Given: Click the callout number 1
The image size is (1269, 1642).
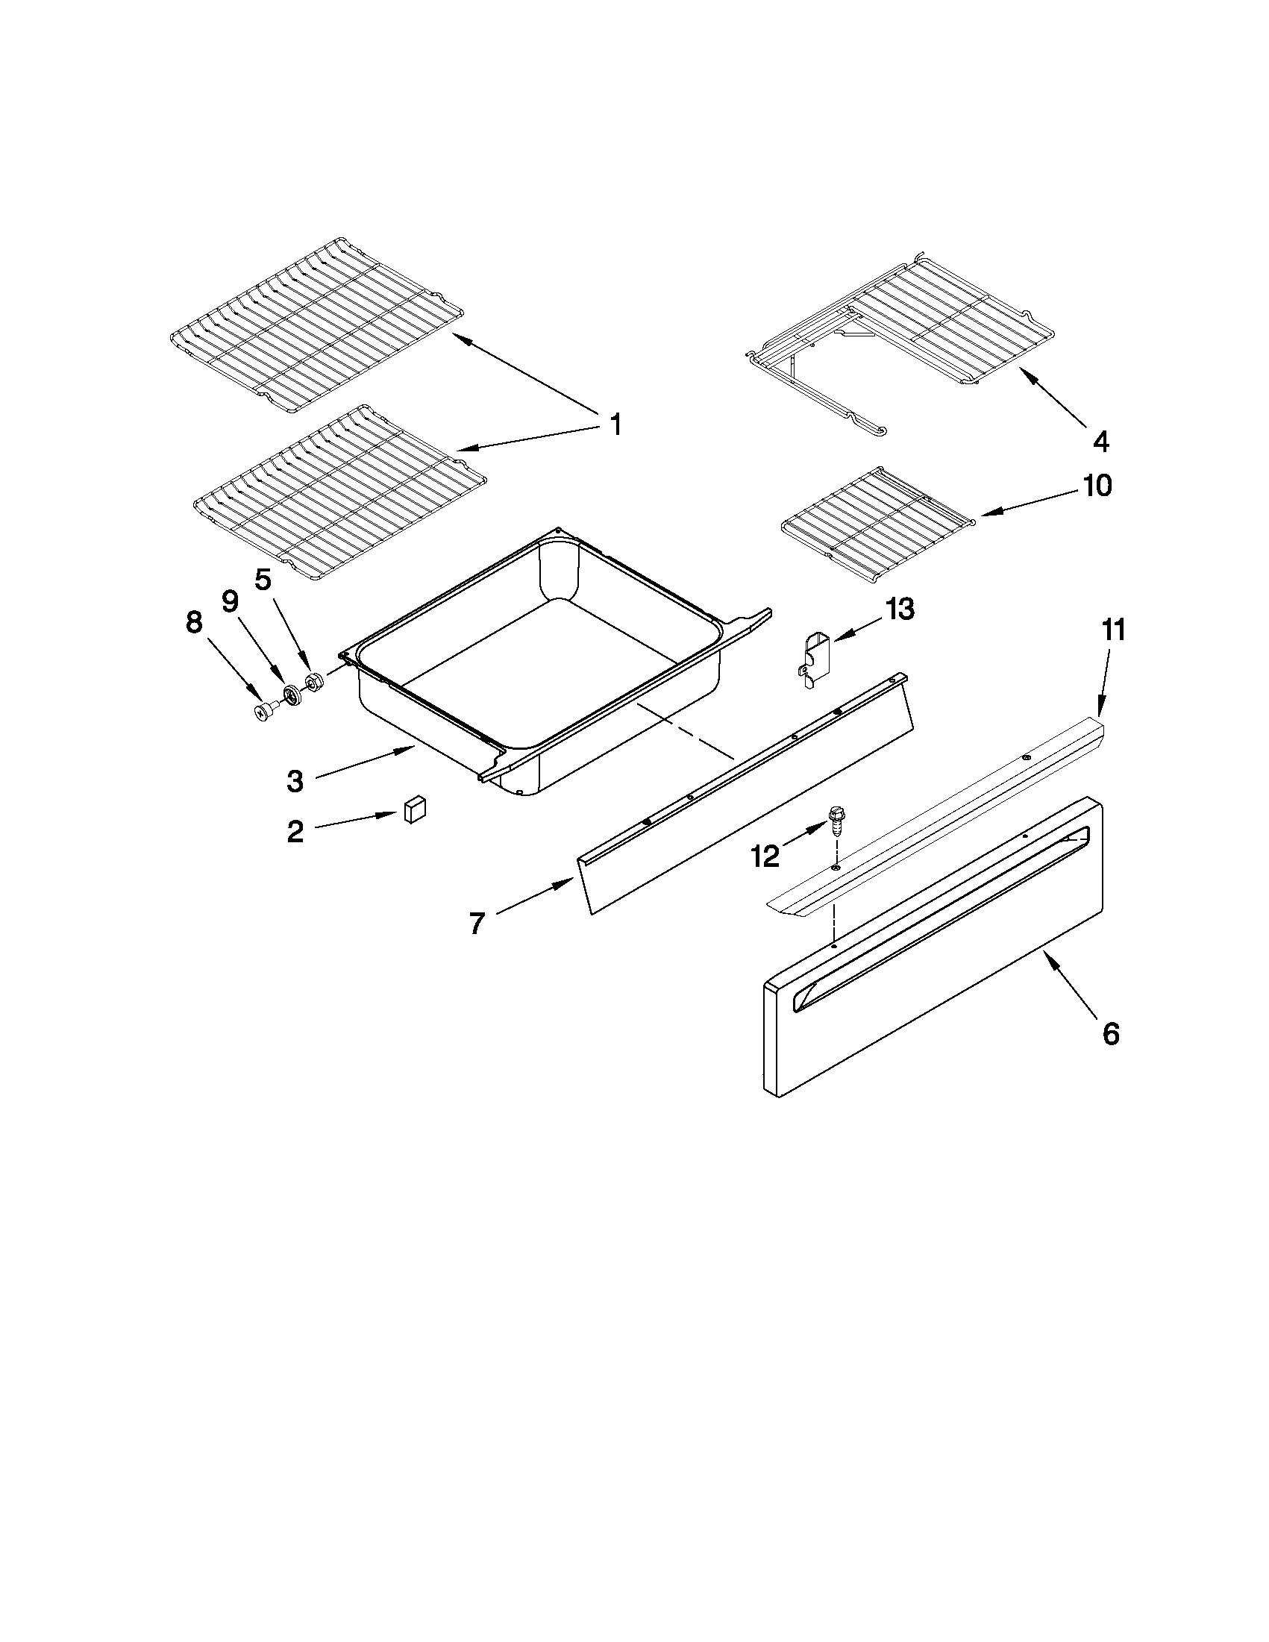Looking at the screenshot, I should pyautogui.click(x=615, y=425).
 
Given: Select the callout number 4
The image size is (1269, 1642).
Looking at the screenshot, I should pyautogui.click(x=1100, y=441).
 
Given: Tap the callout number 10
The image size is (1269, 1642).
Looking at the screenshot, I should pyautogui.click(x=1097, y=486).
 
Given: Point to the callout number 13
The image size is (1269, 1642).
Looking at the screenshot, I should pyautogui.click(x=899, y=609).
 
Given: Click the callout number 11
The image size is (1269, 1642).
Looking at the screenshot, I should pyautogui.click(x=1113, y=630).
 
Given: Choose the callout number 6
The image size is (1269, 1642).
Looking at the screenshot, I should pyautogui.click(x=1110, y=1034).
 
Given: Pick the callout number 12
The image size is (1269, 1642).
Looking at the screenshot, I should pyautogui.click(x=765, y=857).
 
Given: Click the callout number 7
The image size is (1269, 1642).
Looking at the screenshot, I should pyautogui.click(x=477, y=924).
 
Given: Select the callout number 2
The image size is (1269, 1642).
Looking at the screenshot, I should pyautogui.click(x=295, y=832).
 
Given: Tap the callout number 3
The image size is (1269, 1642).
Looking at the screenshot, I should pyautogui.click(x=295, y=782).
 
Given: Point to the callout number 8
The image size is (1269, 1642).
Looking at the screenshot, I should pyautogui.click(x=194, y=622).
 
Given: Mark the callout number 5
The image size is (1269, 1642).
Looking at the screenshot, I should pyautogui.click(x=262, y=579).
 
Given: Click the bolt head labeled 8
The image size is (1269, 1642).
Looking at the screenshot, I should pyautogui.click(x=264, y=710).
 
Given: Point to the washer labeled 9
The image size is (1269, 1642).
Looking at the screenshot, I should pyautogui.click(x=290, y=694).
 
